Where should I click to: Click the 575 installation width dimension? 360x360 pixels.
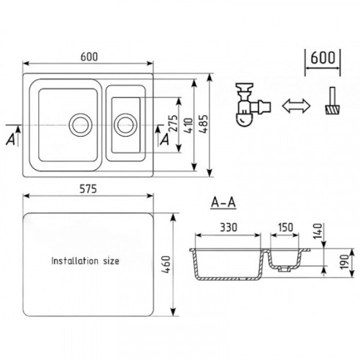tap(88, 189)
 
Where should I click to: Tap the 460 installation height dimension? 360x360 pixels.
tap(166, 265)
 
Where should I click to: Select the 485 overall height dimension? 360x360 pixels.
tap(203, 124)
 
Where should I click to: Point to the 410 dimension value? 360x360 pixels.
tap(189, 125)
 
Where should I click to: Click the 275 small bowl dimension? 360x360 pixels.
tap(174, 123)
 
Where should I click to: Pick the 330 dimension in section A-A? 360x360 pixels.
tap(228, 228)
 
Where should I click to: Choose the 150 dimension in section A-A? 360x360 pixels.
tap(285, 227)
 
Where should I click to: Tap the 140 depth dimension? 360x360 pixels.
tap(318, 231)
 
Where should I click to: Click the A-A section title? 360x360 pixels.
tap(223, 203)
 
